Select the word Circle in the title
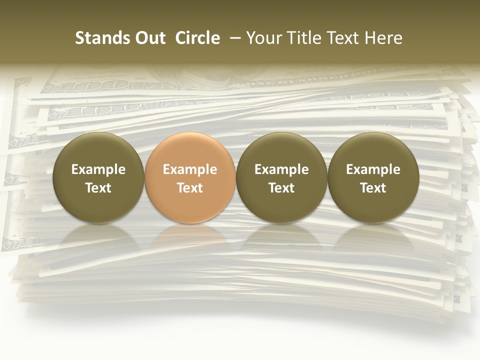click(197, 38)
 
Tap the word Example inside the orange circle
click(190, 169)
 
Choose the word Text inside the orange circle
click(190, 188)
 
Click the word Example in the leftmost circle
click(98, 169)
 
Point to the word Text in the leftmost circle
click(98, 188)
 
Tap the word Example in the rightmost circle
click(373, 169)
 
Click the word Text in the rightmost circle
click(373, 188)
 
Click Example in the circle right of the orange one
click(281, 169)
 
